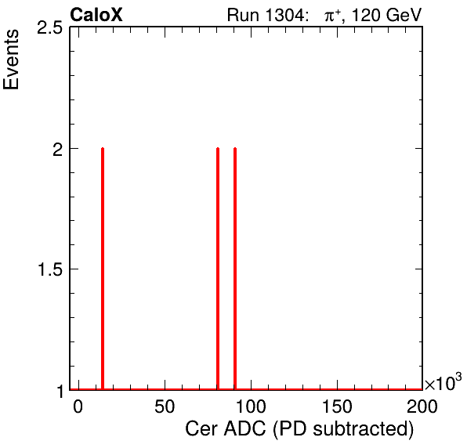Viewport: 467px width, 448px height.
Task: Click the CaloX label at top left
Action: pos(96,15)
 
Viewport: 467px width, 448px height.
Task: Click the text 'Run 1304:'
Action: pos(266,15)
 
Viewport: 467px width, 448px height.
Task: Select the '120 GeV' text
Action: pos(387,15)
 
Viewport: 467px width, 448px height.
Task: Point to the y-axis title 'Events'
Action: pos(11,60)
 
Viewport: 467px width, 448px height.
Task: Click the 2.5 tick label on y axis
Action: pos(49,28)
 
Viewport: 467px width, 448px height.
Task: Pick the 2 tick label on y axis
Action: pos(57,150)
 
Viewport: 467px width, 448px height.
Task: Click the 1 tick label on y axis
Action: pos(60,391)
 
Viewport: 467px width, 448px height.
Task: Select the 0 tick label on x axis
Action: pos(78,406)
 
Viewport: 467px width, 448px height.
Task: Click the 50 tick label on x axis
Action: pos(165,406)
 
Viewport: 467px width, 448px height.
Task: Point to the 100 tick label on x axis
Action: pos(251,406)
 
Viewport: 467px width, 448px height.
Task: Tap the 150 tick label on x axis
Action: pos(337,406)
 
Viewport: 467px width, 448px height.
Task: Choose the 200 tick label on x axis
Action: pos(422,406)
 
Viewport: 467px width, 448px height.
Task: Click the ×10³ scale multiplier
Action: pos(443,382)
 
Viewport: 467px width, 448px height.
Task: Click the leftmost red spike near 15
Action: pos(103,269)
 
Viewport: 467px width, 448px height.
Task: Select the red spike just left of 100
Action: pos(235,269)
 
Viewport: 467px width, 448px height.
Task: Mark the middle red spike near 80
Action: pos(218,269)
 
